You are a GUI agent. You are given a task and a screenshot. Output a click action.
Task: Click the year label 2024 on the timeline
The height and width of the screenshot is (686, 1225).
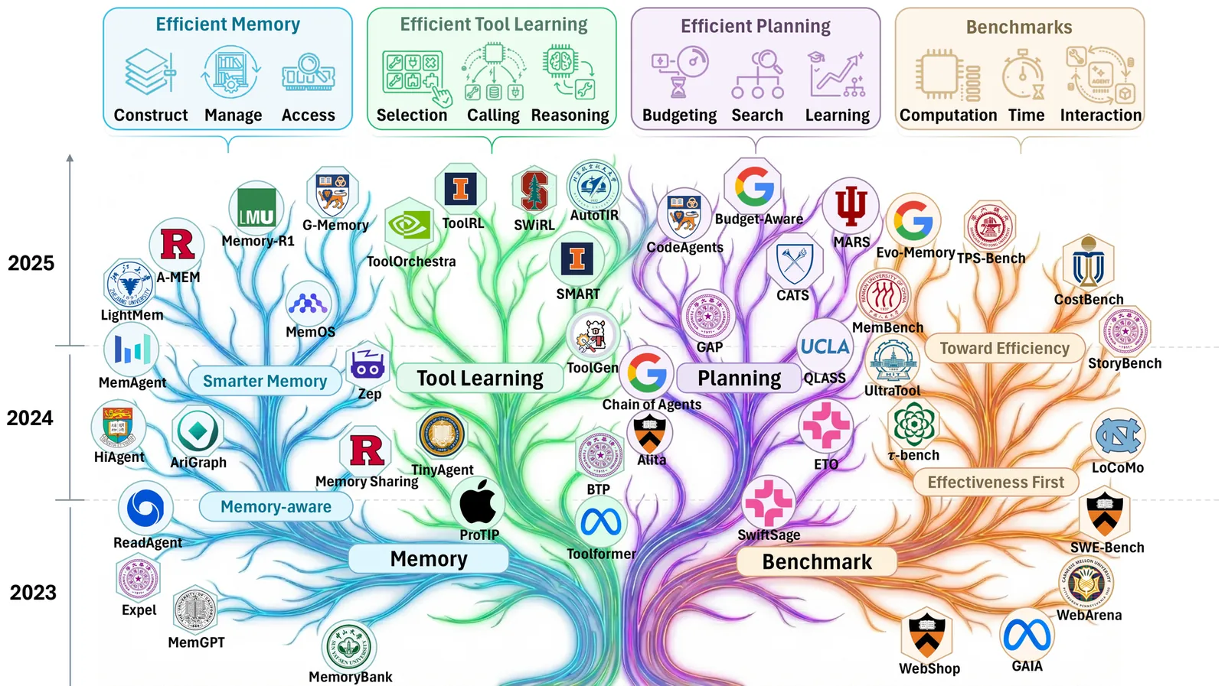[31, 418]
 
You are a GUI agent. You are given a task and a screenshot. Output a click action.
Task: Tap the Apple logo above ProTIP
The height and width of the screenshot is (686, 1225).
[478, 503]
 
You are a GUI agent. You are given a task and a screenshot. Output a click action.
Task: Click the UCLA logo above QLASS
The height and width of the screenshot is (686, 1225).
[825, 346]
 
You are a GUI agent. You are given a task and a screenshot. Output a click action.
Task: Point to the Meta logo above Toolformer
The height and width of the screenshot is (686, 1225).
[601, 522]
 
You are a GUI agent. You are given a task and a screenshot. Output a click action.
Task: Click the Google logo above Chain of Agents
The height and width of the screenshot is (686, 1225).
[647, 372]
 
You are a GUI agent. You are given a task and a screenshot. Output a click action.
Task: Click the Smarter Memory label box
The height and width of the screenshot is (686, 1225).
[265, 381]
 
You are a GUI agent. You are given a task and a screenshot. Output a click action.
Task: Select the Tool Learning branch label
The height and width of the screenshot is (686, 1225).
[480, 379]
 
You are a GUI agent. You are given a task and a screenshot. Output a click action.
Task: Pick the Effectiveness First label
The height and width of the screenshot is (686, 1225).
[995, 483]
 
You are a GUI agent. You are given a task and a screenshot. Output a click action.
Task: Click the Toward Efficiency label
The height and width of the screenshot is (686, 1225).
[1004, 349]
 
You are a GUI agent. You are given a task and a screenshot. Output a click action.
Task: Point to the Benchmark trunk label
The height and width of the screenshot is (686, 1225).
[817, 562]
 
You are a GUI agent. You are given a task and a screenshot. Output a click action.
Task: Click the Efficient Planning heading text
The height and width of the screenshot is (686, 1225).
[755, 27]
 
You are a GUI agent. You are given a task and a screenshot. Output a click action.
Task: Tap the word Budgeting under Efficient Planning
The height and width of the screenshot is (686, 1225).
[679, 115]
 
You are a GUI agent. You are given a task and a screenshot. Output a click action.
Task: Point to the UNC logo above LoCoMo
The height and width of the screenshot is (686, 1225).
[1118, 436]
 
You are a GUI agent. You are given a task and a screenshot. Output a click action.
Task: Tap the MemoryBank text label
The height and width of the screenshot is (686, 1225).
[351, 677]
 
